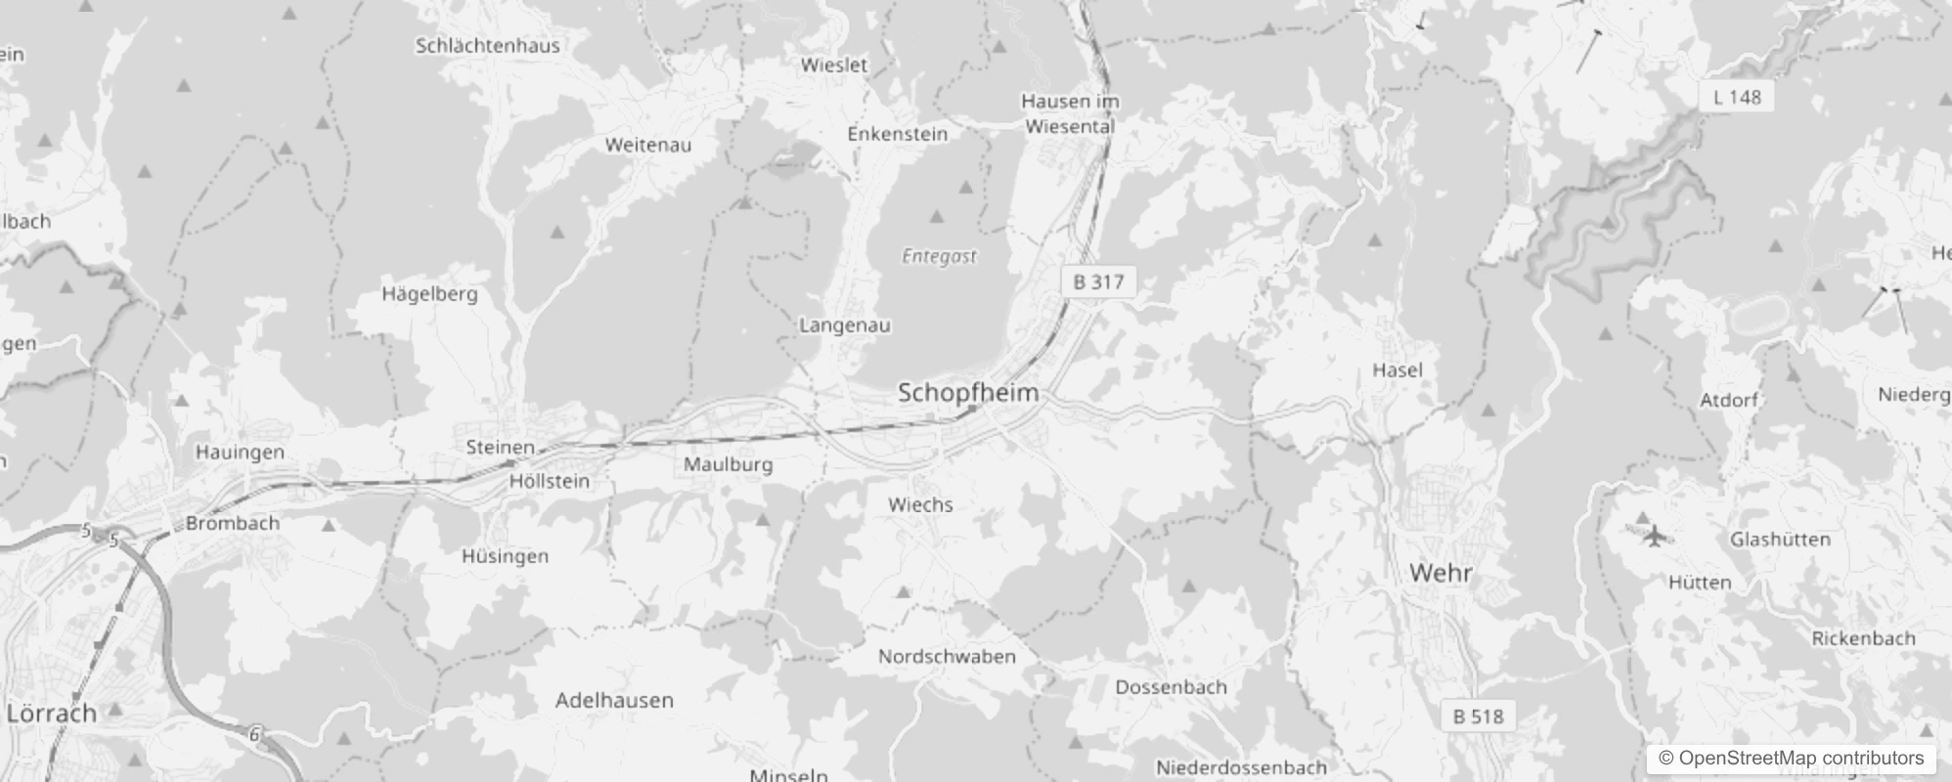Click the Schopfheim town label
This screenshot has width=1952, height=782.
(x=967, y=393)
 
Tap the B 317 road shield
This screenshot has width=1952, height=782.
(x=1098, y=282)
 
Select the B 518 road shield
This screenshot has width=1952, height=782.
(x=1478, y=717)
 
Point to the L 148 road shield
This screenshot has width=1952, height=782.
(x=1737, y=97)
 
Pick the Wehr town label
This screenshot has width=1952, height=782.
(x=1441, y=573)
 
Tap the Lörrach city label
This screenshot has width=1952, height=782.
(x=52, y=713)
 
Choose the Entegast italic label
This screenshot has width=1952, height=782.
(x=939, y=256)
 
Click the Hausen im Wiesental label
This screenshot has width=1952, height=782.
(x=1070, y=113)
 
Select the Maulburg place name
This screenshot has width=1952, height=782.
(x=728, y=464)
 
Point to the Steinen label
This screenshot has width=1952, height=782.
(x=500, y=447)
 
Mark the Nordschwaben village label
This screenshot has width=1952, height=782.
(x=947, y=656)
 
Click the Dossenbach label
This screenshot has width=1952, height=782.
(x=1171, y=686)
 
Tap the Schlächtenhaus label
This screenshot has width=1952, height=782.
(x=488, y=45)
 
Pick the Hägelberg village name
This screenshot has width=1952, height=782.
(x=429, y=293)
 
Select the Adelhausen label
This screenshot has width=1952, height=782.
(x=614, y=700)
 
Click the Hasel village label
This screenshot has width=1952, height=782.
(x=1397, y=369)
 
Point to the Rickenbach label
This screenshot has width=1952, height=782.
(x=1863, y=638)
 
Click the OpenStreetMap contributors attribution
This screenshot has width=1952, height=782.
(x=1791, y=758)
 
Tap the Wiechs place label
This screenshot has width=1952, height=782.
(x=920, y=504)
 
